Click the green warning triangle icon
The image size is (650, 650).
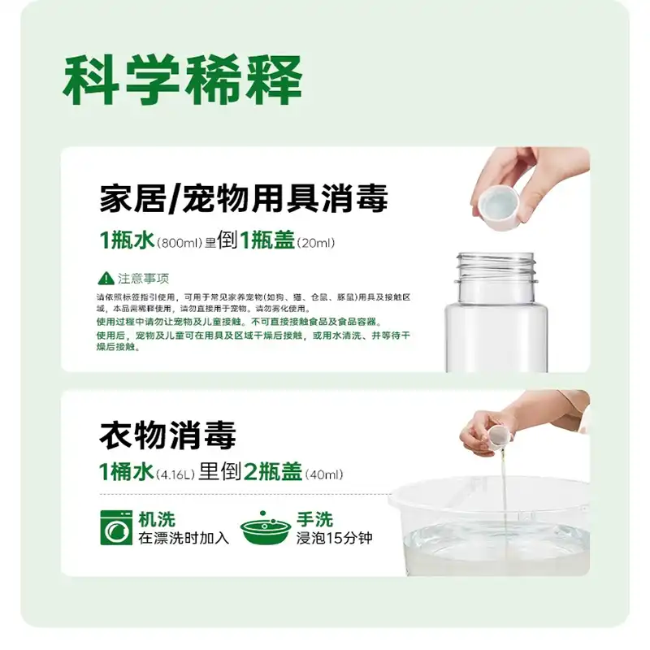click(x=104, y=277)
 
